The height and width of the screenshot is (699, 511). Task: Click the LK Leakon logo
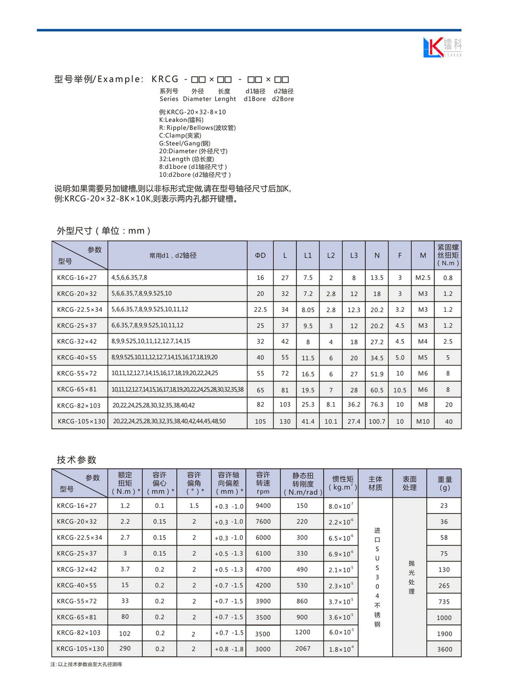(x=442, y=47)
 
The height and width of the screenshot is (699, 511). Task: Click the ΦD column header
(x=260, y=255)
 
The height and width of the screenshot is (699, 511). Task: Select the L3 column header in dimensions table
(x=354, y=255)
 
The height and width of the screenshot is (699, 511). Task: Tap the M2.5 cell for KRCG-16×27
(x=423, y=278)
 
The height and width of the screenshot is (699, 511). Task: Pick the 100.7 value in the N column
(x=377, y=421)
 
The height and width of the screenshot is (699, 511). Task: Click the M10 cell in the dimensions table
(x=423, y=421)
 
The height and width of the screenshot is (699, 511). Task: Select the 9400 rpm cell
(x=263, y=506)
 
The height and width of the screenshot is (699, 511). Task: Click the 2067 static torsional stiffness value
(x=302, y=648)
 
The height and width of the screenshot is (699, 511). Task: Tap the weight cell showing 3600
(x=444, y=649)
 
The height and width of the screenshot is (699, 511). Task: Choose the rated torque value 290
(x=125, y=648)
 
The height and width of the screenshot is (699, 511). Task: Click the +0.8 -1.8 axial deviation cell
(x=229, y=649)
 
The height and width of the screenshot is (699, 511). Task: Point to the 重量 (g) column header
(x=444, y=483)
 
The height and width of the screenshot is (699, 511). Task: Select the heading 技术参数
(x=77, y=460)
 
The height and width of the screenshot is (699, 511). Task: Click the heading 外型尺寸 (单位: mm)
(x=104, y=231)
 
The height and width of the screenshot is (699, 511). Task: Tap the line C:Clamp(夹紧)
(x=180, y=135)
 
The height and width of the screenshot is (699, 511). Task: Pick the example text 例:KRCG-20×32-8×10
(x=192, y=112)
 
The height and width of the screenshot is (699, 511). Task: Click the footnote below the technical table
(x=86, y=664)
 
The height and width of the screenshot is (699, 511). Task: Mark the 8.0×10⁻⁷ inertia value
(x=341, y=506)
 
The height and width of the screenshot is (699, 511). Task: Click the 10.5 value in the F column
(x=400, y=390)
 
